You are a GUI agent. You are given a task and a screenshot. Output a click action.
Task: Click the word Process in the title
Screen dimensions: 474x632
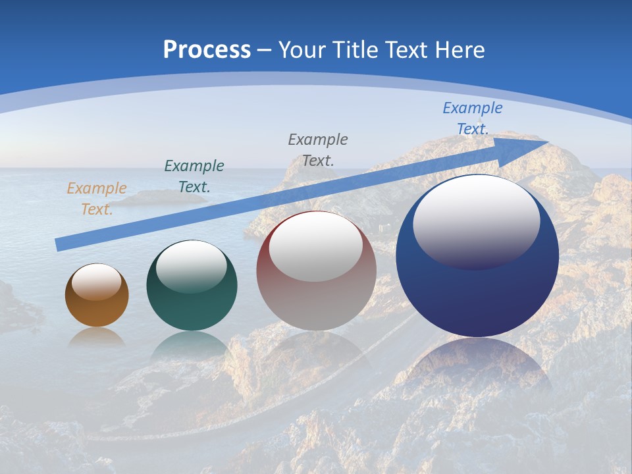click(207, 49)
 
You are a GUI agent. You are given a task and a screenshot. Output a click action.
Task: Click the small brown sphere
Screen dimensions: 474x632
click(97, 306)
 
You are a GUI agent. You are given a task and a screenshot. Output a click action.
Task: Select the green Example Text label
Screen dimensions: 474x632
click(194, 176)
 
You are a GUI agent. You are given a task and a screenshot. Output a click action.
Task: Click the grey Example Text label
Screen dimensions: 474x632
click(318, 149)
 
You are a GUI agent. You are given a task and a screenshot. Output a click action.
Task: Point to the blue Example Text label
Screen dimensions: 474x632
click(473, 118)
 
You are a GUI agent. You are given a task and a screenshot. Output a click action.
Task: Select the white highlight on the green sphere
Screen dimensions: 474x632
click(192, 267)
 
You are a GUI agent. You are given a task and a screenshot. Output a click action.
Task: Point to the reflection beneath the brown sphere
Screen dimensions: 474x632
click(97, 337)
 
